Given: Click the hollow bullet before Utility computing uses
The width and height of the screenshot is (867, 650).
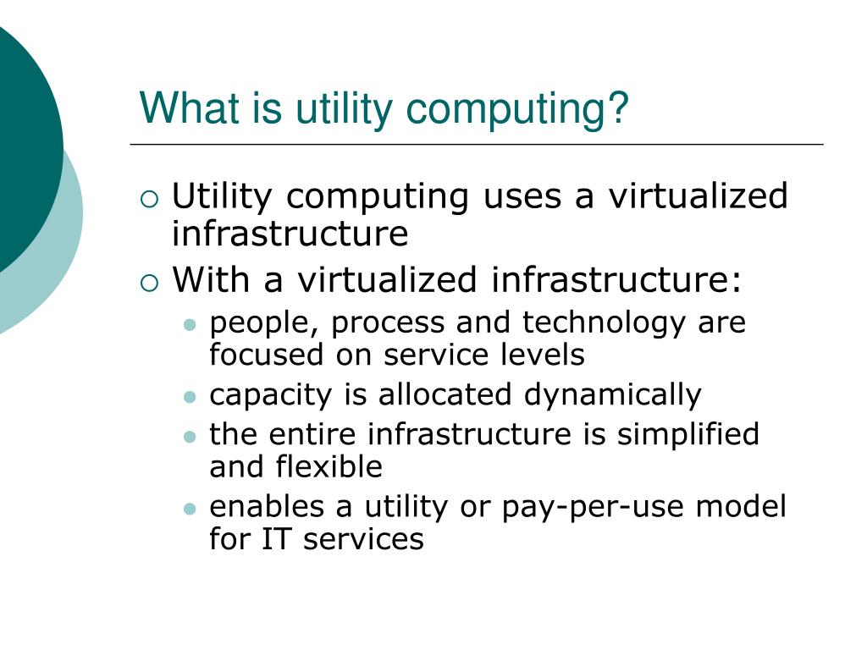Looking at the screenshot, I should [149, 201].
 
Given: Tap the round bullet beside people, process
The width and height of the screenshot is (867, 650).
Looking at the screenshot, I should [191, 325].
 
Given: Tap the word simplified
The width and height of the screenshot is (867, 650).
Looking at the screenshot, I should [688, 434].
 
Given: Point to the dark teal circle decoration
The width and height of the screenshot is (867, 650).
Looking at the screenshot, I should [21, 144].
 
